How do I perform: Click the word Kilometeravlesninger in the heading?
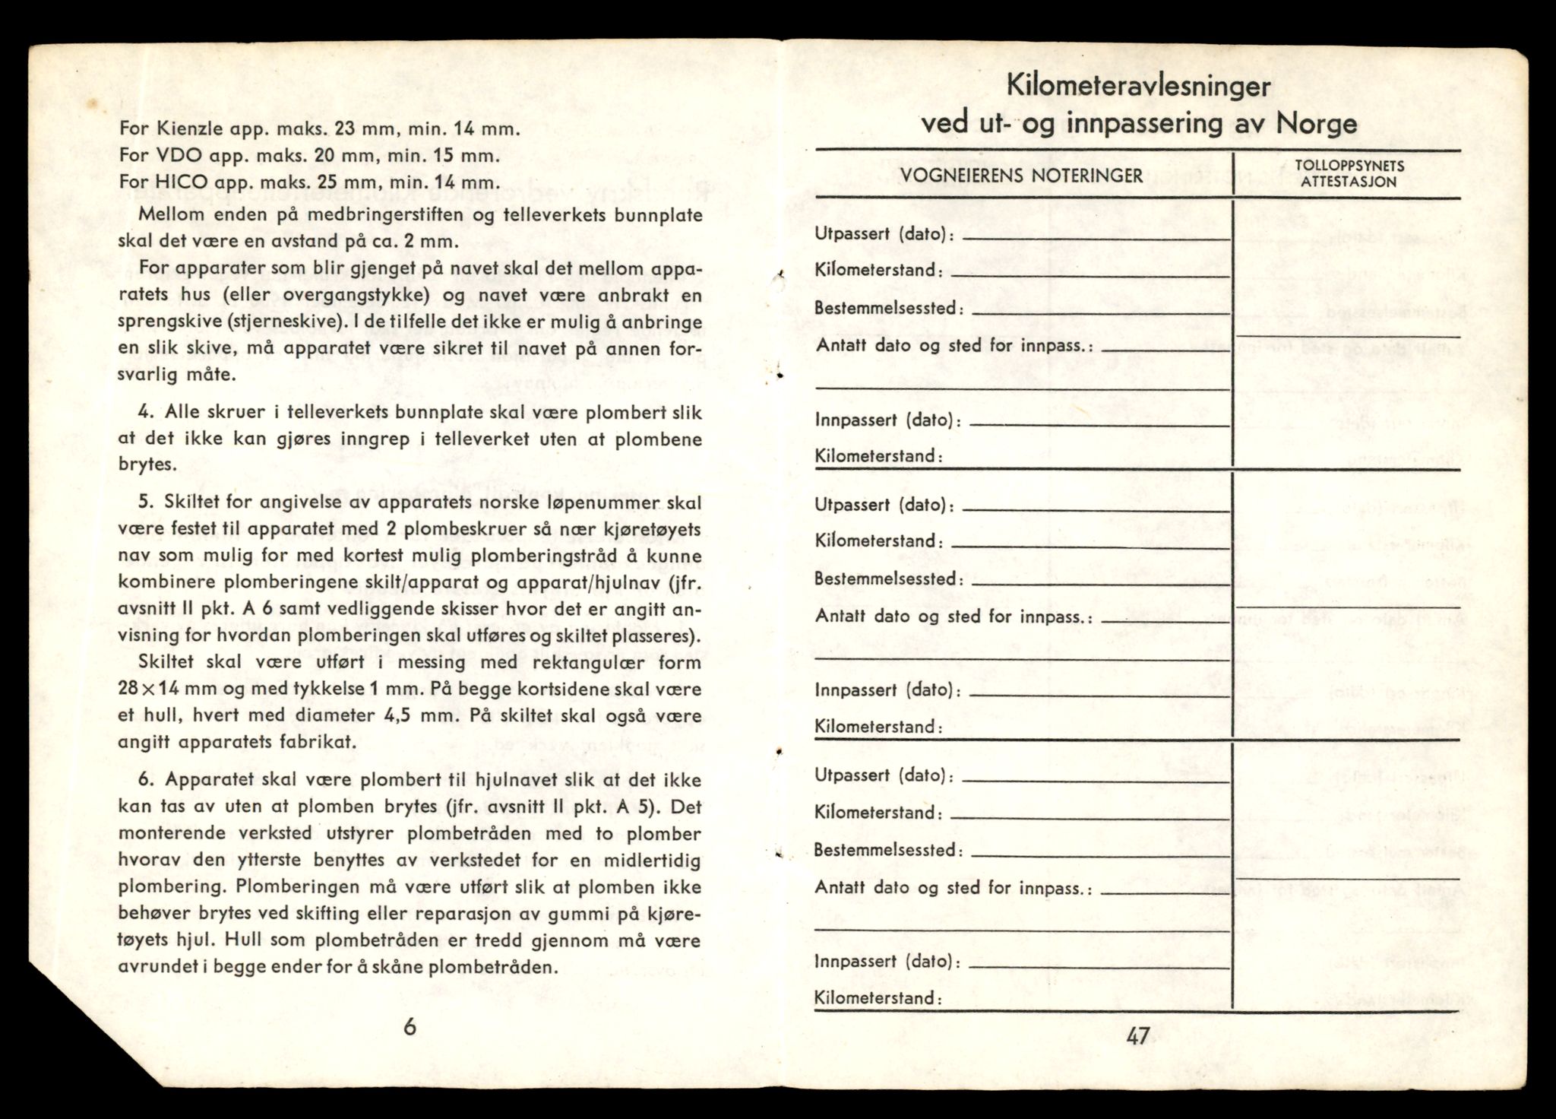coord(1137,87)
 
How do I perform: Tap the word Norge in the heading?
coord(1316,122)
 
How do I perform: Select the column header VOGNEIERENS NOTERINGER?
coord(1022,176)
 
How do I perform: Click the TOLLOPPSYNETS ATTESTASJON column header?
coord(1348,173)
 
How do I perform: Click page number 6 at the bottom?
coord(410,1027)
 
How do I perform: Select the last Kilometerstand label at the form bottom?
coord(878,998)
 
